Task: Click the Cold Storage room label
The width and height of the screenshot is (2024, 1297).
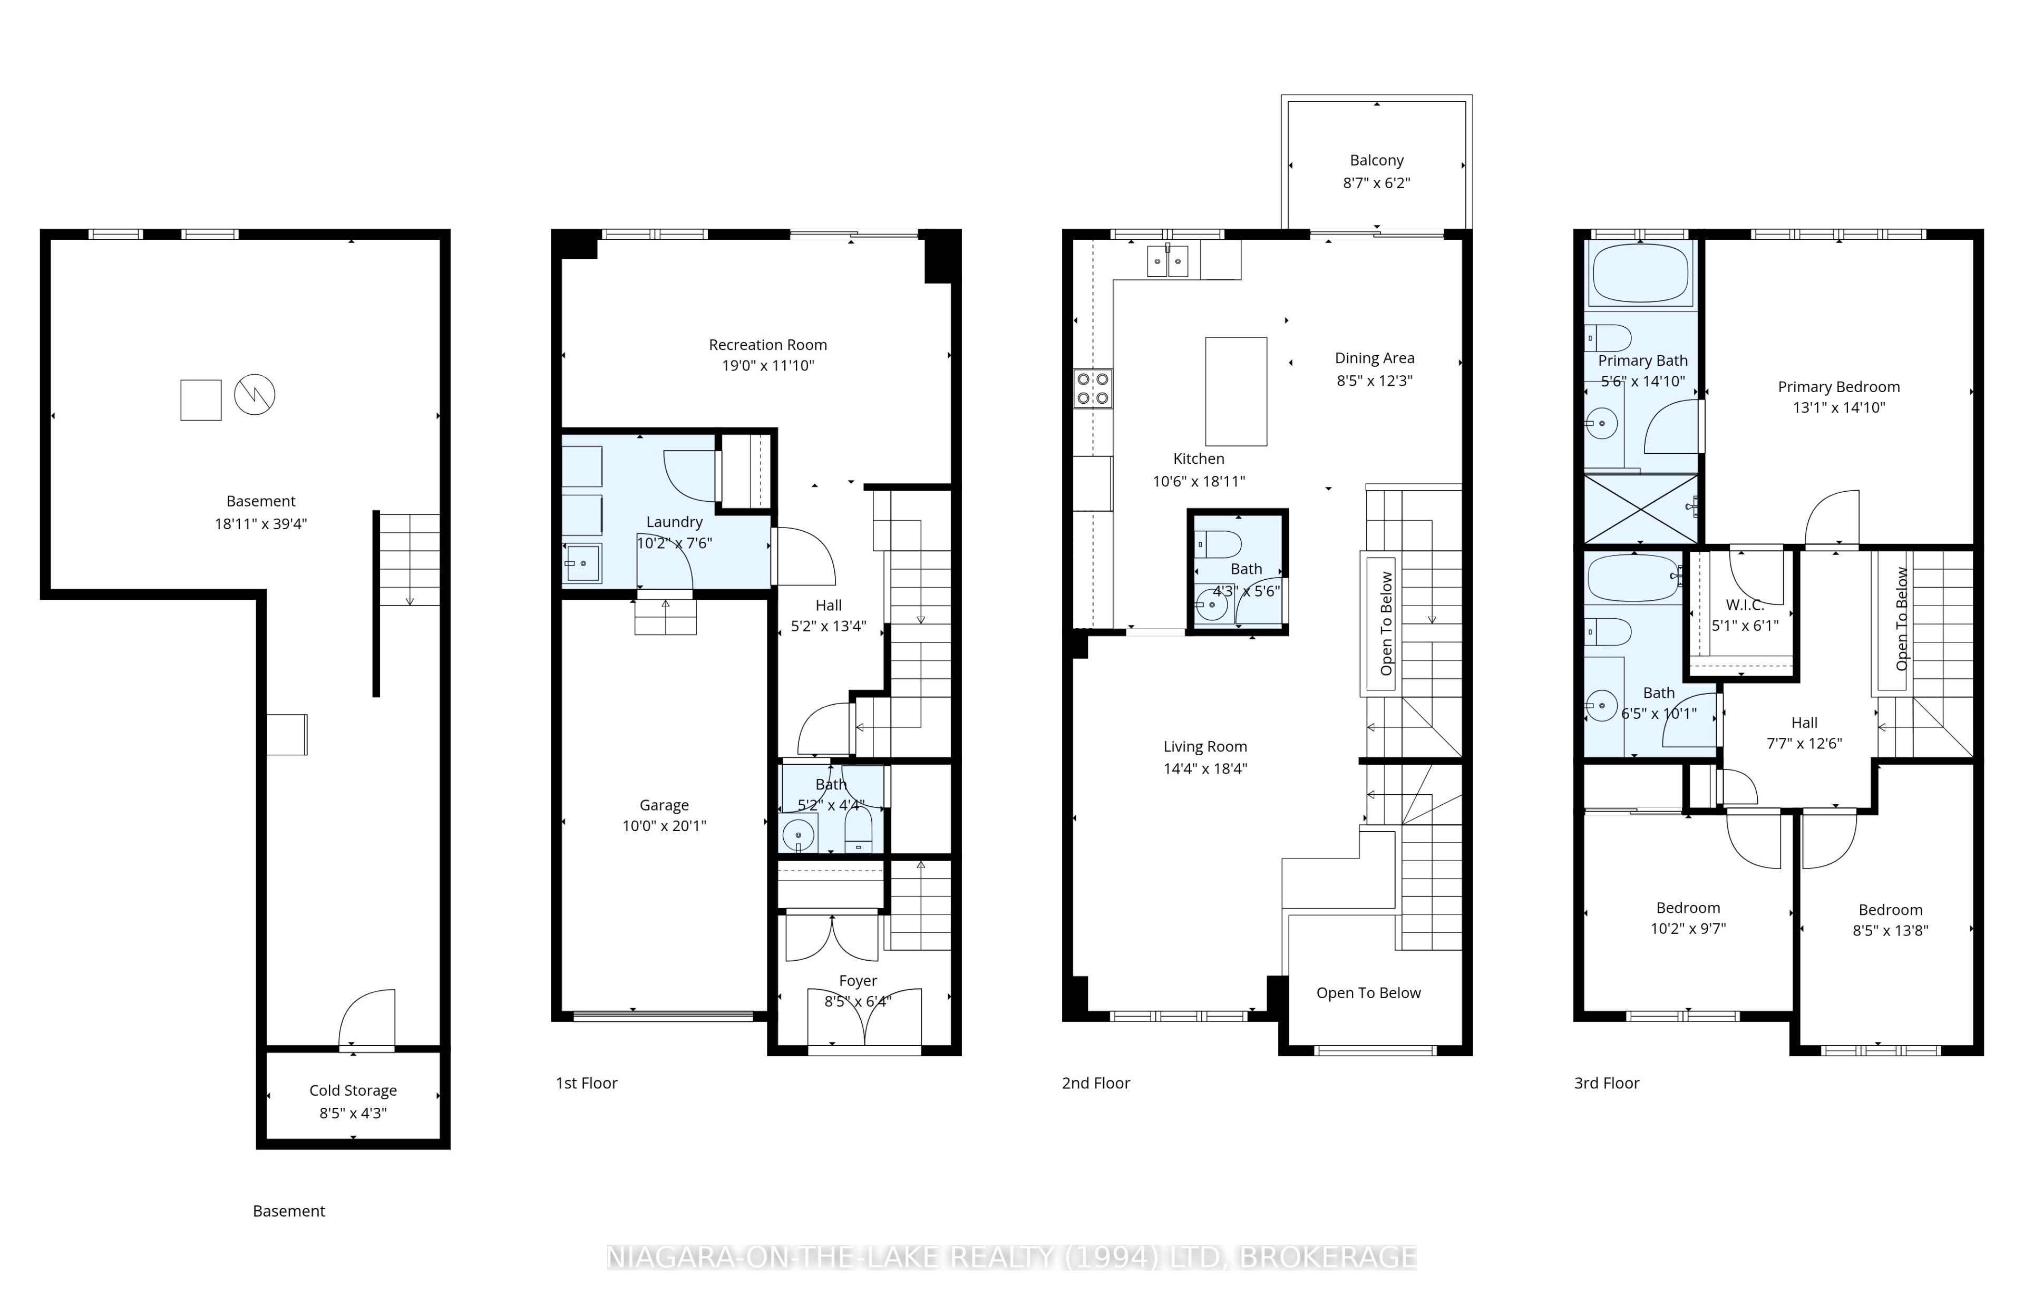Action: (353, 1090)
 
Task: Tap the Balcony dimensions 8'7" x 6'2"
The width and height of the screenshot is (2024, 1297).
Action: (1376, 183)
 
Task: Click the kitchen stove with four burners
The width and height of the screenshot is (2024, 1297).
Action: (1093, 389)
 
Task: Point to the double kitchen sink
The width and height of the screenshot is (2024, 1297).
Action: (1167, 261)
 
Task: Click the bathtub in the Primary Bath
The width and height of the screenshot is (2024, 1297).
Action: (1640, 274)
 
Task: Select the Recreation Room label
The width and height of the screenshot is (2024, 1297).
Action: (767, 345)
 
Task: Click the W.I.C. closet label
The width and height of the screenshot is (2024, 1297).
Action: (1744, 604)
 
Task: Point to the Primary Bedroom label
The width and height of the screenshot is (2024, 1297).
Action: (1838, 387)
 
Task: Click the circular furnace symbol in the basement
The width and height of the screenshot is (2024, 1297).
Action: (255, 394)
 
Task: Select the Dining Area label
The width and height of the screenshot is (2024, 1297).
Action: (1375, 358)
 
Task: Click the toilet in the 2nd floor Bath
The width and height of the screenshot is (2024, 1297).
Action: (1218, 544)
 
